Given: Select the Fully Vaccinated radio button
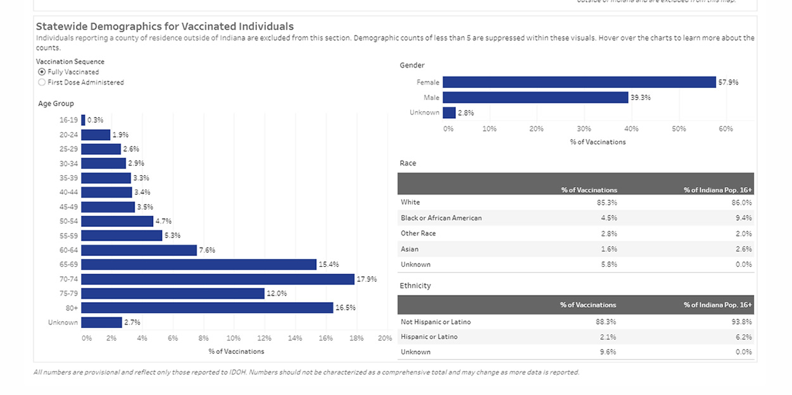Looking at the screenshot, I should click(x=42, y=72).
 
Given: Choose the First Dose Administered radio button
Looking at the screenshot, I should click(x=42, y=82).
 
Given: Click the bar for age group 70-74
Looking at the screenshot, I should click(x=218, y=279).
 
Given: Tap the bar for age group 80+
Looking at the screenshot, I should click(x=207, y=308).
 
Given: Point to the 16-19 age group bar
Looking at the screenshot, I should click(x=83, y=120).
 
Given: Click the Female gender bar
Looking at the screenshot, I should click(x=579, y=82).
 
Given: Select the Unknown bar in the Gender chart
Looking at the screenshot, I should click(x=449, y=112).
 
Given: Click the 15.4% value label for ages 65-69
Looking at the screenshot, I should click(x=328, y=264).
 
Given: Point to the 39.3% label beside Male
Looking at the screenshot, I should click(x=640, y=97).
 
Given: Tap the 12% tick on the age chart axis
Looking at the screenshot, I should click(x=265, y=338).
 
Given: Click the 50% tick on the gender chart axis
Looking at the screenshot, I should click(x=679, y=128).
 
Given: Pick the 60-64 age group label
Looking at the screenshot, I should click(x=68, y=250).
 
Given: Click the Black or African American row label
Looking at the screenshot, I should click(x=441, y=218).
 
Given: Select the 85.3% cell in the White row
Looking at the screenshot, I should click(x=607, y=202).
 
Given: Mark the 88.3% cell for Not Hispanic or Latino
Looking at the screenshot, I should click(x=606, y=322).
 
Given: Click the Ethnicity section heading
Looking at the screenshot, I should click(x=415, y=286).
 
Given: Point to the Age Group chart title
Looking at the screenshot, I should click(x=56, y=104).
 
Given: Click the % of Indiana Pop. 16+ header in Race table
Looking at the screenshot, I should click(x=717, y=190).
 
